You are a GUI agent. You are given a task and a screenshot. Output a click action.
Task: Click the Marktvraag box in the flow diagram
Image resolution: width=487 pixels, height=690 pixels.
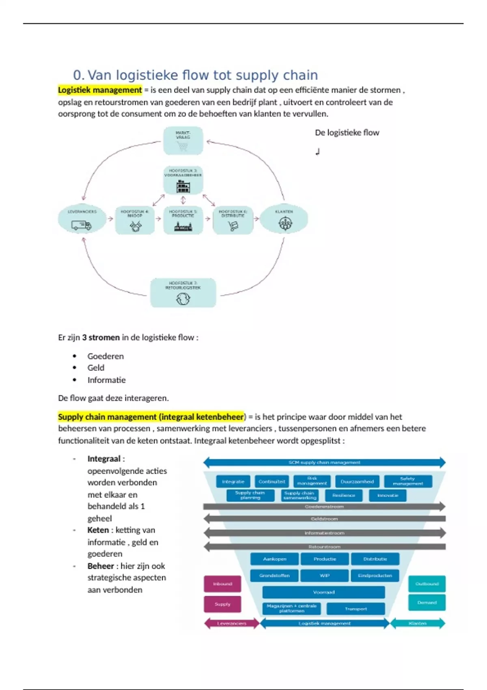pyautogui.click(x=183, y=140)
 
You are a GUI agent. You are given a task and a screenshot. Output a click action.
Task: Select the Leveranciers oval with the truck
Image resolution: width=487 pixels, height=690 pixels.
pyautogui.click(x=82, y=220)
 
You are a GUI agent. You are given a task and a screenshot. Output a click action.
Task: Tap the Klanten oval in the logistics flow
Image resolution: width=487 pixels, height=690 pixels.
pyautogui.click(x=284, y=220)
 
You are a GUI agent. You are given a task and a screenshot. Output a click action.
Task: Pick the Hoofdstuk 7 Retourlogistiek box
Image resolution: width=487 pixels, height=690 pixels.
pyautogui.click(x=183, y=293)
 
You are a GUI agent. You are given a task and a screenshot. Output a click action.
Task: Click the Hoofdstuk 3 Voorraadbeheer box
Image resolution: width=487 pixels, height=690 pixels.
pyautogui.click(x=183, y=180)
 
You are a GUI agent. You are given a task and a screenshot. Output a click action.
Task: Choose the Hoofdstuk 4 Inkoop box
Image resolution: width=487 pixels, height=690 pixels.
pyautogui.click(x=135, y=220)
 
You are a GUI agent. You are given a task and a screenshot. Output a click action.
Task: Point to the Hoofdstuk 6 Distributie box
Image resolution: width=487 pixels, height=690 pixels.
pyautogui.click(x=233, y=220)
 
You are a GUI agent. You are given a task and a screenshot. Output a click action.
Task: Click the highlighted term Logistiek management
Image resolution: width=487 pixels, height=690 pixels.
pyautogui.click(x=100, y=90)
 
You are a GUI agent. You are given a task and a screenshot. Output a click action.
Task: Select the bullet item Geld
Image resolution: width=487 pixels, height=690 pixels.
pyautogui.click(x=96, y=368)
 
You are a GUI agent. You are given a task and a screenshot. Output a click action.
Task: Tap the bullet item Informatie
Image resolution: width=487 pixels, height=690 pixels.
pyautogui.click(x=106, y=380)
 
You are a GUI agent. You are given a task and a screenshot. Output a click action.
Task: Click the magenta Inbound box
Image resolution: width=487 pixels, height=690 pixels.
pyautogui.click(x=222, y=584)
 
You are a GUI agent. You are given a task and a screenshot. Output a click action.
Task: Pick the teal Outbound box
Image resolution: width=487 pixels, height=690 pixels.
pyautogui.click(x=427, y=584)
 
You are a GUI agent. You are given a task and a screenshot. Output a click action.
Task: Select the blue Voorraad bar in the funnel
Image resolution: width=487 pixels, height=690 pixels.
pyautogui.click(x=323, y=592)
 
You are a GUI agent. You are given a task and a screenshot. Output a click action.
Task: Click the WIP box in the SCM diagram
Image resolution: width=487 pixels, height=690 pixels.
pyautogui.click(x=325, y=576)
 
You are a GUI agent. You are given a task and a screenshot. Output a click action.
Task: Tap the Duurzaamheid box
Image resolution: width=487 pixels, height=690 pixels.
pyautogui.click(x=357, y=482)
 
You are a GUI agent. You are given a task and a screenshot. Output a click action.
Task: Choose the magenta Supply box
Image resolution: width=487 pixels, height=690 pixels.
pyautogui.click(x=222, y=604)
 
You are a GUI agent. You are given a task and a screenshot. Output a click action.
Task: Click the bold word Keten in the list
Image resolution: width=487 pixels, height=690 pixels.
pyautogui.click(x=98, y=530)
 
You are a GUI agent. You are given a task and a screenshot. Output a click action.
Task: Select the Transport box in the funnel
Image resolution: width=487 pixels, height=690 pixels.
pyautogui.click(x=356, y=609)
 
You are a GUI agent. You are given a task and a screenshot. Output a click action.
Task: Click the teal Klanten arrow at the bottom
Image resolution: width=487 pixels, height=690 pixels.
pyautogui.click(x=418, y=623)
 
